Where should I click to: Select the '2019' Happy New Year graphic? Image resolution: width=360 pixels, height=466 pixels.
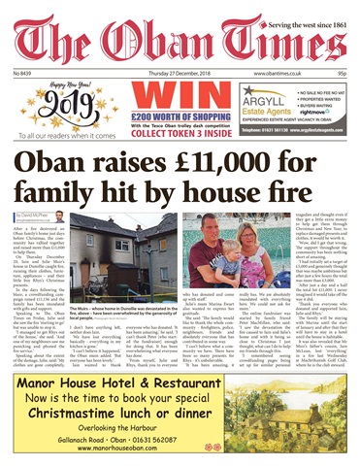(x=49, y=104)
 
